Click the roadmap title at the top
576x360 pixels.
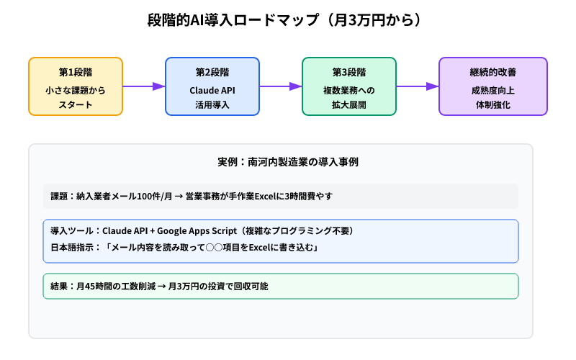point(288,19)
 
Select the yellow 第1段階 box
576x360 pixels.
point(76,86)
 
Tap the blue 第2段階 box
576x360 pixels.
point(212,86)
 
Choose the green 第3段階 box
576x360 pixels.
point(349,86)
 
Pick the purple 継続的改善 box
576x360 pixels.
point(493,86)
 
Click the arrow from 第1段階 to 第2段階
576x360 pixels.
point(144,86)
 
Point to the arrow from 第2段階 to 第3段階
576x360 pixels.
point(281,86)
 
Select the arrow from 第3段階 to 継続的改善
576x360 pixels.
point(418,86)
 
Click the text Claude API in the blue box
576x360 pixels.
point(212,90)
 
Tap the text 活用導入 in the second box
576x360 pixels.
point(212,105)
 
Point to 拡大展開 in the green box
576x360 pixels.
point(349,105)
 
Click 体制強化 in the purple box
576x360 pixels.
point(493,105)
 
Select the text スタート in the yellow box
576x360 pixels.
point(76,105)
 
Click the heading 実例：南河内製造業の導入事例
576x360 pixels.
point(288,162)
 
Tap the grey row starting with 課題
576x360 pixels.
point(281,196)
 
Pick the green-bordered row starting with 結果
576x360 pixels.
point(281,286)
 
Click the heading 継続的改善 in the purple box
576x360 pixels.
point(493,72)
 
